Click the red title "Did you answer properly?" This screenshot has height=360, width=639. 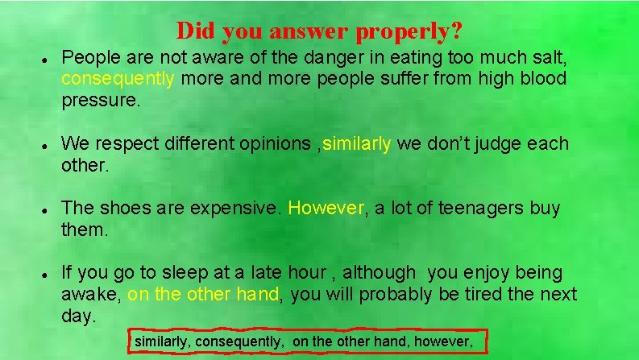point(319,31)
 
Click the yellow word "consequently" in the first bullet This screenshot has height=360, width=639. point(118,79)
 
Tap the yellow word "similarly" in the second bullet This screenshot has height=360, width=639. point(357,144)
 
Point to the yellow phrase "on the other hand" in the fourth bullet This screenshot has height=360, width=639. point(203,295)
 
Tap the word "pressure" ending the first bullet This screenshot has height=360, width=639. point(99,101)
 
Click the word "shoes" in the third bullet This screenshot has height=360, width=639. point(124,209)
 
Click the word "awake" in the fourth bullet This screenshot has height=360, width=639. point(90,295)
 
